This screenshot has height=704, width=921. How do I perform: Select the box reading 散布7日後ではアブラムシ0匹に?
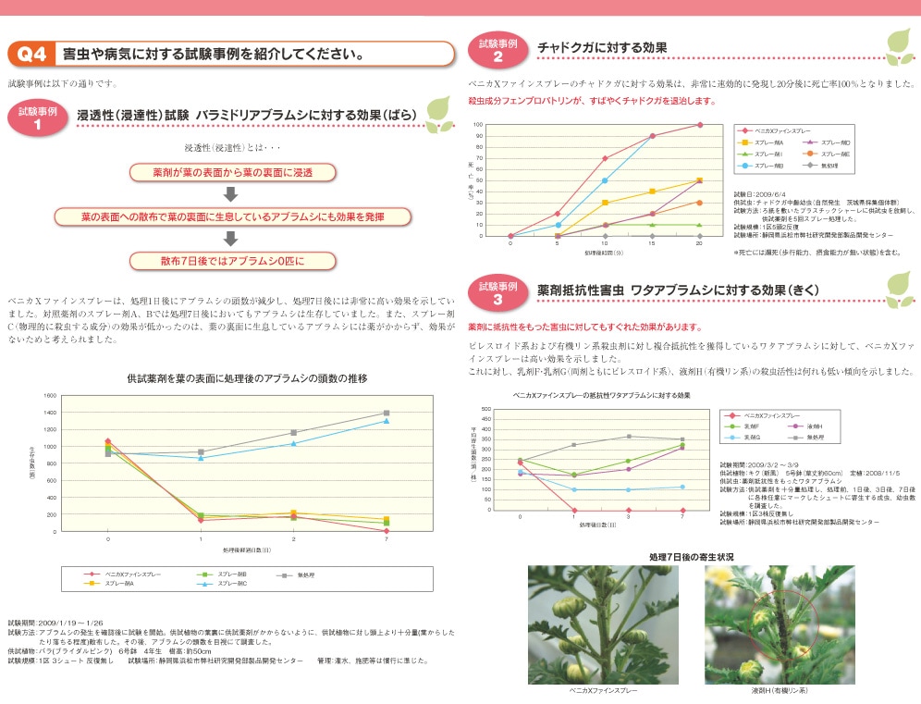tap(231, 260)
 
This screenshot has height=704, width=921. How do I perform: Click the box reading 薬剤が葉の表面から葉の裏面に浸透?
tap(232, 173)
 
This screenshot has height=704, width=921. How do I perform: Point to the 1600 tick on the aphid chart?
tap(49, 395)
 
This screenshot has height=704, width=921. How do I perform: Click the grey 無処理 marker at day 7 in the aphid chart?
tap(387, 413)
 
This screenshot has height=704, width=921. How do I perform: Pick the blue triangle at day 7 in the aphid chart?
tap(387, 421)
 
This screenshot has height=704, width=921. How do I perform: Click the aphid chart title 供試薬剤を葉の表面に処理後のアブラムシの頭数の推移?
tap(247, 378)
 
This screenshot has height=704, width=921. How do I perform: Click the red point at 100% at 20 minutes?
tap(699, 125)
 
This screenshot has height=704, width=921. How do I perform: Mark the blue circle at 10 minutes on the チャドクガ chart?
tap(605, 180)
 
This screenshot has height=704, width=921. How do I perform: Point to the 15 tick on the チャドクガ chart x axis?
tap(652, 243)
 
